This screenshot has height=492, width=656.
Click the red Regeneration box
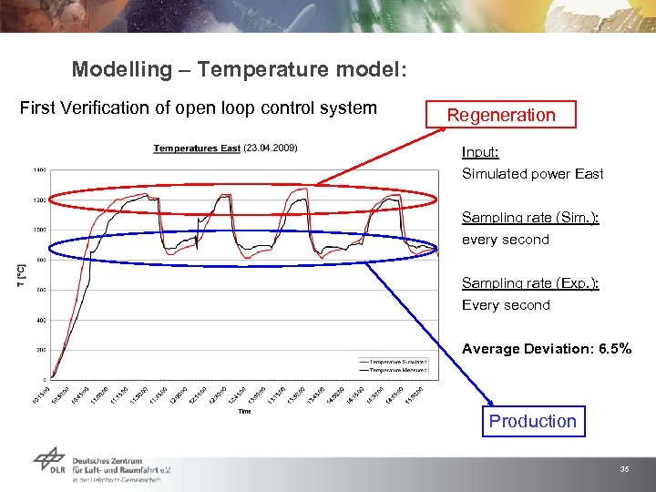click(501, 115)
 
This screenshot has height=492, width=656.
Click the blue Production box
click(533, 421)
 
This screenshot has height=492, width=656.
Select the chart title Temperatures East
click(197, 149)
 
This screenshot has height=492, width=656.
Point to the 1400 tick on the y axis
click(40, 169)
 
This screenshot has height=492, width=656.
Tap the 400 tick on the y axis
click(41, 320)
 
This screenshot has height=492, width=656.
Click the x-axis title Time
click(244, 412)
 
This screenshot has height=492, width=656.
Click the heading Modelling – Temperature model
click(239, 69)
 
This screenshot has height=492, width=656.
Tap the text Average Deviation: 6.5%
click(546, 349)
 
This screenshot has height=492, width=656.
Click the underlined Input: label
click(480, 152)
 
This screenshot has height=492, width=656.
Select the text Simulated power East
click(532, 174)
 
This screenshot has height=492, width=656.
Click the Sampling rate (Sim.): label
click(529, 218)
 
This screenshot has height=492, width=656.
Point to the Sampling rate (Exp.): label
click(530, 283)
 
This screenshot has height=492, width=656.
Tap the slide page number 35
click(624, 469)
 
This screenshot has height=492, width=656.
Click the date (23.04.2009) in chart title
click(271, 148)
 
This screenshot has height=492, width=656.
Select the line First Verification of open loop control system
click(199, 108)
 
